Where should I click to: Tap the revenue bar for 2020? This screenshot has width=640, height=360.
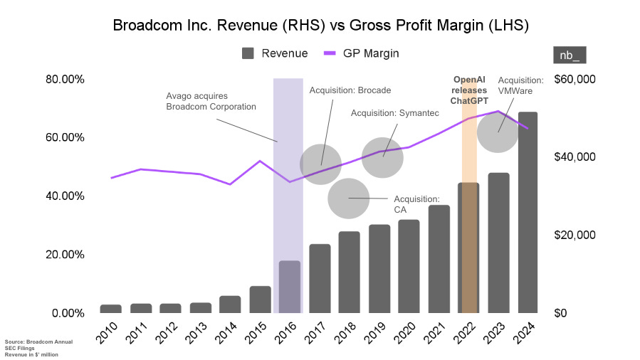pyautogui.click(x=409, y=266)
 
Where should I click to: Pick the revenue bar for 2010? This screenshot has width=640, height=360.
pyautogui.click(x=110, y=308)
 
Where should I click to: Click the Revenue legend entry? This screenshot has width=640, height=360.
pyautogui.click(x=275, y=53)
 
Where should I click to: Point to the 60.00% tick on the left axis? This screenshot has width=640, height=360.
pyautogui.click(x=65, y=137)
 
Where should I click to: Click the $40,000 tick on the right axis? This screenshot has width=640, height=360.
pyautogui.click(x=575, y=157)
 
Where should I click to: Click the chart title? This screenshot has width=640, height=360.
pyautogui.click(x=320, y=26)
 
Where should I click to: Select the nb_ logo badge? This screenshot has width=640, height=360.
pyautogui.click(x=570, y=55)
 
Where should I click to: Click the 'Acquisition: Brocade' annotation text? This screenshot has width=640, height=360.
pyautogui.click(x=350, y=90)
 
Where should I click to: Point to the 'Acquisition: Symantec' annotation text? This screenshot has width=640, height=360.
pyautogui.click(x=390, y=114)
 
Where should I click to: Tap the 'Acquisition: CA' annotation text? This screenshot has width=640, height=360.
pyautogui.click(x=416, y=204)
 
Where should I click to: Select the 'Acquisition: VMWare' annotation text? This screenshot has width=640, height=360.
pyautogui.click(x=520, y=86)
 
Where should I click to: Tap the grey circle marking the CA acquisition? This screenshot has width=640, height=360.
pyautogui.click(x=348, y=198)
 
